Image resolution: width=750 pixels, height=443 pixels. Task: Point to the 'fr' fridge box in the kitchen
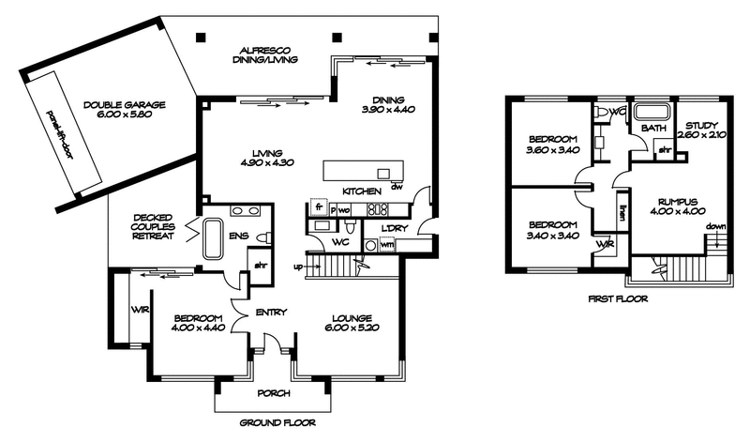[x=318, y=207]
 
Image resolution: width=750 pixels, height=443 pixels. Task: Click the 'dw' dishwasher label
[x=397, y=186]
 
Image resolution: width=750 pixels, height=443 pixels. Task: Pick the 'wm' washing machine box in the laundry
[x=386, y=245]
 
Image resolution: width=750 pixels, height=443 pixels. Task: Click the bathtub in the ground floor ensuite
[x=211, y=238]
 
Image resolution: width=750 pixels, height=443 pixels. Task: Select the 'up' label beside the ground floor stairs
[x=300, y=267]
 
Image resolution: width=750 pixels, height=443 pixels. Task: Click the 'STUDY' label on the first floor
[x=701, y=126]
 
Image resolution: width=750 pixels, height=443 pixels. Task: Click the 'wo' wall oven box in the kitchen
[x=344, y=208]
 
